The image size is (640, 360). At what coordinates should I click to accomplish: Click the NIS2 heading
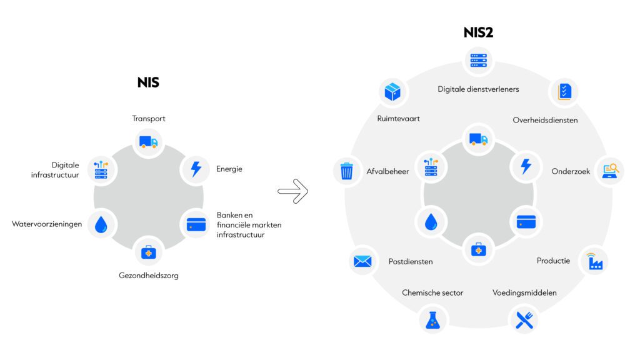(478, 32)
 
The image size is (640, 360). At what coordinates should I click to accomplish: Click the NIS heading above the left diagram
(148, 82)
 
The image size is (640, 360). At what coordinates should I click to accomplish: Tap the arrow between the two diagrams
(292, 191)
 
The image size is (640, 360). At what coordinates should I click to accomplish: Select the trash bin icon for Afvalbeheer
(346, 171)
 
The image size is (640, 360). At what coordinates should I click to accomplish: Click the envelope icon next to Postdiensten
(362, 261)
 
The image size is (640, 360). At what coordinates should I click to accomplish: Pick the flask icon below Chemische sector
(432, 320)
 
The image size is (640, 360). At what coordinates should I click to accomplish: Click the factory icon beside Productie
(595, 261)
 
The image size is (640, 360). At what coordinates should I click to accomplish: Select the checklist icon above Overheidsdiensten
(565, 92)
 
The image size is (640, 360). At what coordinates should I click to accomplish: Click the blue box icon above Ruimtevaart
(392, 92)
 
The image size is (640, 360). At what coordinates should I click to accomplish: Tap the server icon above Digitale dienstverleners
(478, 61)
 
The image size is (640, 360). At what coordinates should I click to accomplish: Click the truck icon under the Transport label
(148, 142)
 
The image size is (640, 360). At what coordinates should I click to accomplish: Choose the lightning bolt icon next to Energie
(196, 169)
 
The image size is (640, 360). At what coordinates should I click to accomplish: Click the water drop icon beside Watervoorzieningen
(101, 224)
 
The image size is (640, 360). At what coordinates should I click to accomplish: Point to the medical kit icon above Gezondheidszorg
(149, 252)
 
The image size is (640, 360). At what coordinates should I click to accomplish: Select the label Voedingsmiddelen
(524, 292)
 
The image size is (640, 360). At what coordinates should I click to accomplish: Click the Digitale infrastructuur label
(55, 170)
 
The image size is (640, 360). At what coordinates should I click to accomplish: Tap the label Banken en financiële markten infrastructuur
(249, 225)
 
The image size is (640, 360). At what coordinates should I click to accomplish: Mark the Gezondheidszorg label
(149, 276)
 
